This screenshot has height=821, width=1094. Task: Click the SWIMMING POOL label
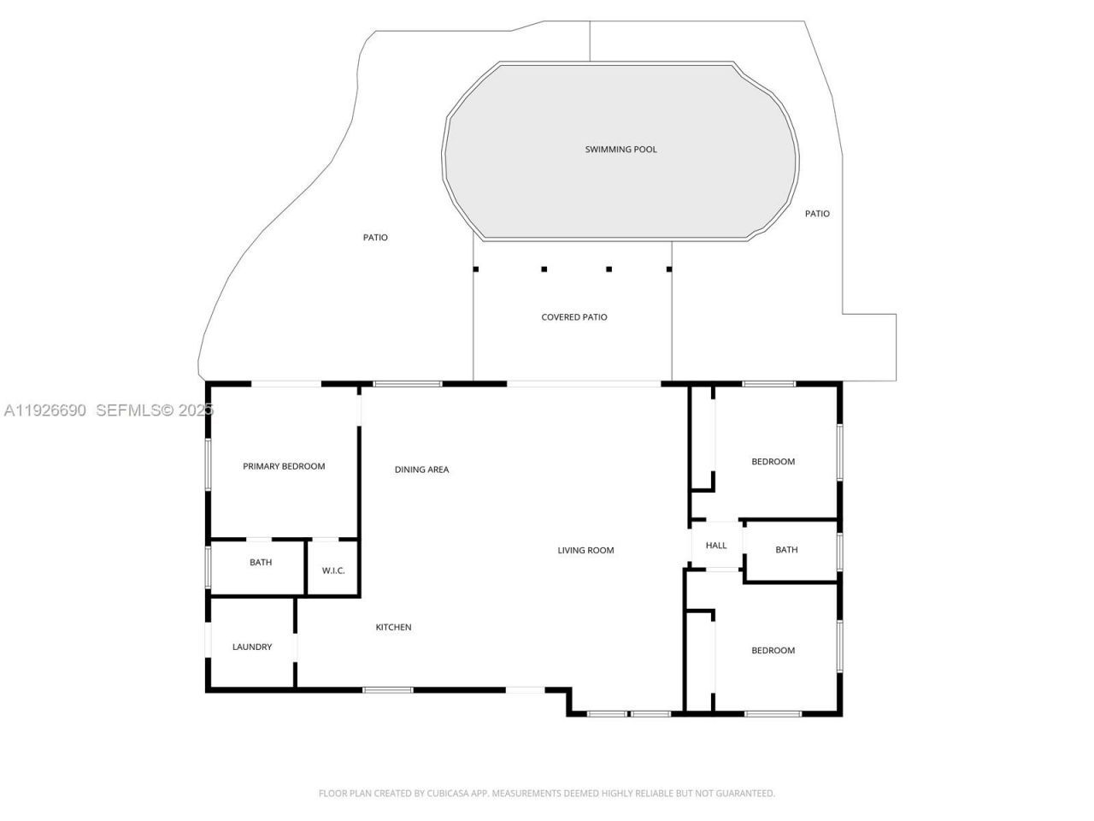coord(621,150)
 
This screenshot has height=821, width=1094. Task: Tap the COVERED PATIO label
coord(574,317)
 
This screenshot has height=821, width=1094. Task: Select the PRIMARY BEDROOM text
coord(284,467)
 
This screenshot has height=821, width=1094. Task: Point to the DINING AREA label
coord(421,470)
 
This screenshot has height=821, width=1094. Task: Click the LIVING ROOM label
coord(585,551)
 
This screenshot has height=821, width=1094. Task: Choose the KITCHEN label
coord(393,628)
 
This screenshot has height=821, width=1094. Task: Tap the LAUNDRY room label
coord(252,647)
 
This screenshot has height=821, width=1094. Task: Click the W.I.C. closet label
coord(333,570)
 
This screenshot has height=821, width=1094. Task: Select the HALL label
coord(716,546)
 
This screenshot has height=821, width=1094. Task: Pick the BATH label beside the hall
coord(786,550)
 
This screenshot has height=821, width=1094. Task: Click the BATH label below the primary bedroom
coord(261,563)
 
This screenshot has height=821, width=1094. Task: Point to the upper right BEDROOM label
coord(773,462)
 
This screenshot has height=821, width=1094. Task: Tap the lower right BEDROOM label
coord(773,651)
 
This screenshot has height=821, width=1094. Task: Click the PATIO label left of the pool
coord(375,238)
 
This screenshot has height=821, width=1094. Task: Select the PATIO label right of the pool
coord(817,214)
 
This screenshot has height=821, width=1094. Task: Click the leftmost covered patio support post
coord(476,269)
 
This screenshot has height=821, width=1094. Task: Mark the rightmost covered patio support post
coord(669,269)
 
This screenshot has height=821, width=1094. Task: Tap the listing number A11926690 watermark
coord(45,410)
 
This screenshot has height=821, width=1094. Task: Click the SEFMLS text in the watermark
coord(127,410)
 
